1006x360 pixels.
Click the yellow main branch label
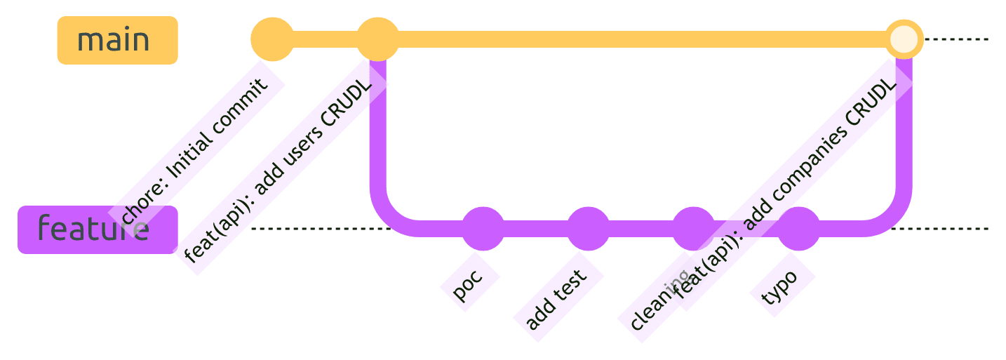pyautogui.click(x=117, y=40)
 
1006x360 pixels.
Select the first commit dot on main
pyautogui.click(x=272, y=39)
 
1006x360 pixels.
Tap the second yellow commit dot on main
pyautogui.click(x=378, y=39)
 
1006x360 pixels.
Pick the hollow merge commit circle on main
pyautogui.click(x=904, y=39)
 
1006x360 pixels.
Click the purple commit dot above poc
pyautogui.click(x=483, y=229)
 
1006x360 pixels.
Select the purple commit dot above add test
pyautogui.click(x=588, y=229)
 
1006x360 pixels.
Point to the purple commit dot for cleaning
pyautogui.click(x=693, y=229)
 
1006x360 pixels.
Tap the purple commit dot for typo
pyautogui.click(x=798, y=229)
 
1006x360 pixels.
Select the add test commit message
pyautogui.click(x=557, y=300)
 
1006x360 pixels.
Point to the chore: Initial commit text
pyautogui.click(x=195, y=152)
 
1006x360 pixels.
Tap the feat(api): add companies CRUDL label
pyautogui.click(x=786, y=184)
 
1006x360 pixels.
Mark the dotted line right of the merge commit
pyautogui.click(x=958, y=39)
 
